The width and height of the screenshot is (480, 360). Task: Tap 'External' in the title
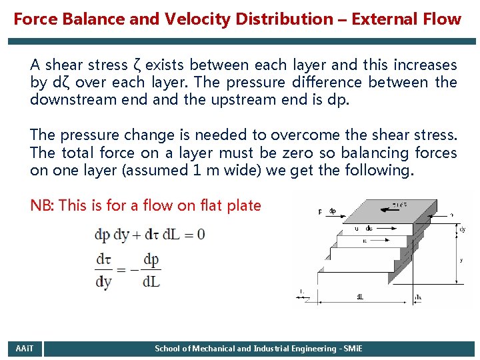(385, 19)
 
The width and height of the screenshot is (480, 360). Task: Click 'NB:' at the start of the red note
(42, 205)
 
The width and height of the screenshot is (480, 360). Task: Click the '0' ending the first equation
(201, 235)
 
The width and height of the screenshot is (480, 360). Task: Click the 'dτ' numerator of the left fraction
(103, 259)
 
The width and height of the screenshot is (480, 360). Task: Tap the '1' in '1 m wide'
(196, 171)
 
